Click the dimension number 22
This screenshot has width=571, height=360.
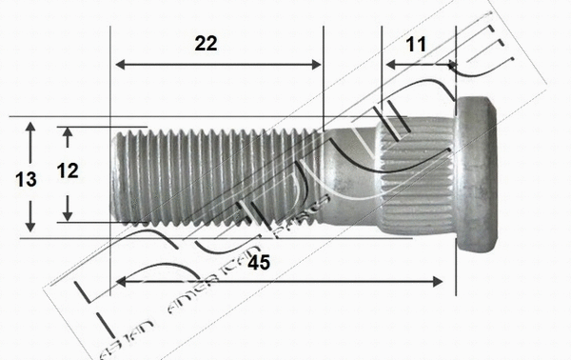point(205,44)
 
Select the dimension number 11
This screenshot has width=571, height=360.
point(415,44)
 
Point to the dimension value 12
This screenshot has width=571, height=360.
point(68,171)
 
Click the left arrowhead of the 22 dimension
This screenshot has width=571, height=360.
point(118,65)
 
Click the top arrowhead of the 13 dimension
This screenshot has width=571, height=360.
point(31,125)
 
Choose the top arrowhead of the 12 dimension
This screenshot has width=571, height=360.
point(69,130)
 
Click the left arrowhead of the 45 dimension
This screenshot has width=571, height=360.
point(118,281)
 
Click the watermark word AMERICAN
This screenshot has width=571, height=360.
point(205,295)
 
